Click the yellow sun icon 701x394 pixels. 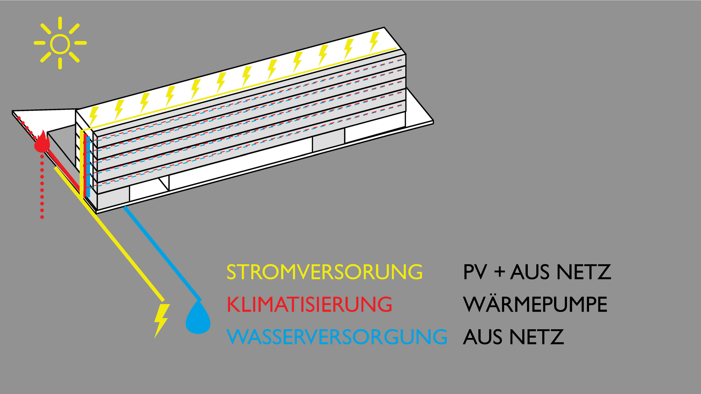click(60, 43)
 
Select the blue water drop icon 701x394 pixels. click(198, 318)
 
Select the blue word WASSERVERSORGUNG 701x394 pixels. click(337, 337)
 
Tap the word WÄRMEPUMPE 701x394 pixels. click(535, 304)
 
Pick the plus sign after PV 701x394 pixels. click(500, 272)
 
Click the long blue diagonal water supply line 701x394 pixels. click(163, 253)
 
